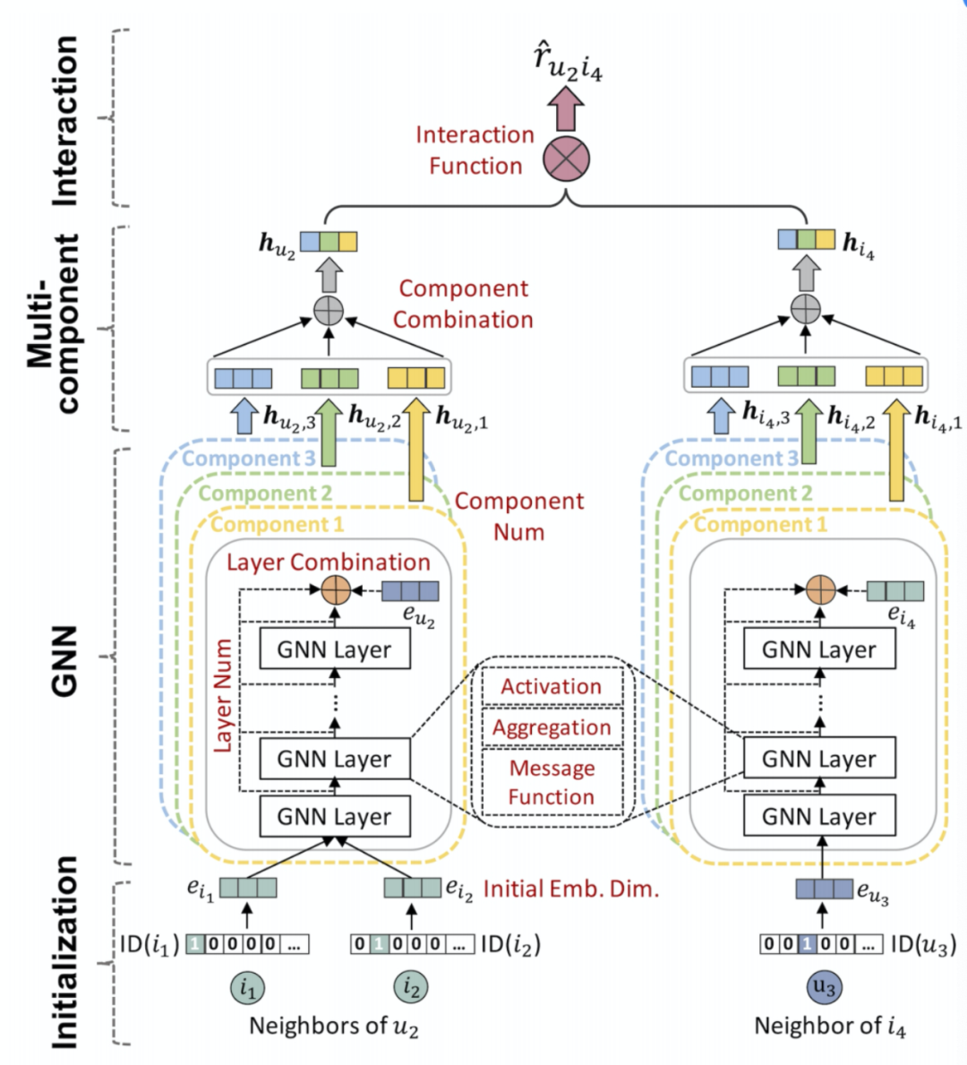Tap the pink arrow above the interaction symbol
[x=566, y=110]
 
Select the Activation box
[x=552, y=687]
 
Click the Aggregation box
[x=552, y=728]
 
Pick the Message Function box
[x=552, y=782]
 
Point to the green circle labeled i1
[x=248, y=988]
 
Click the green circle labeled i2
[x=411, y=988]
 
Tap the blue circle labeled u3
[x=823, y=987]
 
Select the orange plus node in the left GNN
[x=336, y=590]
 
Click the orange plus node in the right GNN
[x=820, y=590]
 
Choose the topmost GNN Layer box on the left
[x=335, y=649]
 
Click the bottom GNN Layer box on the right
[x=819, y=817]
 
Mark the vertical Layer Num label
[x=223, y=695]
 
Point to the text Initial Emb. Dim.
[x=571, y=889]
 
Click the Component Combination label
[x=463, y=304]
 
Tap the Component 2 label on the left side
[x=265, y=493]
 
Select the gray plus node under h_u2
[x=329, y=310]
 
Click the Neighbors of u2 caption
[x=333, y=1026]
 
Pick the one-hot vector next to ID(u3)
[x=821, y=944]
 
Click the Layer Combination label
[x=328, y=563]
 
